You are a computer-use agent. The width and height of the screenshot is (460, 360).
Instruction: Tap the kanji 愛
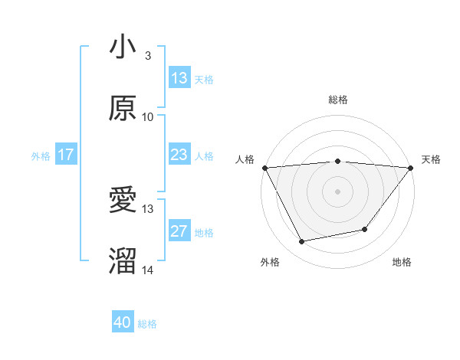coord(123,201)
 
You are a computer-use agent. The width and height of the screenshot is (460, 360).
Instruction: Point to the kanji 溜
coord(123,262)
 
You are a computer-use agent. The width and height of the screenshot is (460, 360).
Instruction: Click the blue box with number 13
coord(179,77)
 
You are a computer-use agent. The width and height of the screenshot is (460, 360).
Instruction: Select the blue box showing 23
coord(179,155)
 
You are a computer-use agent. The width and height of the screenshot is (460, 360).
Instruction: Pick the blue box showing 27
coord(179,232)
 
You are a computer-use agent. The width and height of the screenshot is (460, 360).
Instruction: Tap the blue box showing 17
coord(66,155)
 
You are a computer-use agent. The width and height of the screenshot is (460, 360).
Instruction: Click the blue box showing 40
coord(123,323)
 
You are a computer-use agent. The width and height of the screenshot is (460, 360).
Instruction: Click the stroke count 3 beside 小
coord(148,56)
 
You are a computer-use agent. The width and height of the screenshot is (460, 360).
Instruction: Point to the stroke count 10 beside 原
coord(148,117)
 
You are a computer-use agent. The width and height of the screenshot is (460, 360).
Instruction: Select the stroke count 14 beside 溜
coord(148,270)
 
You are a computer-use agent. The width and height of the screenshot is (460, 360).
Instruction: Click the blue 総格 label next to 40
coord(147,324)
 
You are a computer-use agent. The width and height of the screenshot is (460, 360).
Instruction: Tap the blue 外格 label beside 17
coord(41,155)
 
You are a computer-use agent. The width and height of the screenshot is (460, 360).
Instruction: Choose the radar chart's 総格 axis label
coord(337,100)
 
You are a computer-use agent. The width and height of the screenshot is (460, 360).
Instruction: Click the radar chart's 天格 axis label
coord(431,159)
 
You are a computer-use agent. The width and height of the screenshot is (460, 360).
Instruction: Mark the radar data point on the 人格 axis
coord(264,167)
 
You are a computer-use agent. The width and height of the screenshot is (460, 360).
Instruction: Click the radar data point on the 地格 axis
coord(365,229)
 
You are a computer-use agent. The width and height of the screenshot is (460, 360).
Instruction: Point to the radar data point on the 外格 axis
coord(301,242)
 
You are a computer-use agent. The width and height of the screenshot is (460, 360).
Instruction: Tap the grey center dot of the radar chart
coord(337,191)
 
